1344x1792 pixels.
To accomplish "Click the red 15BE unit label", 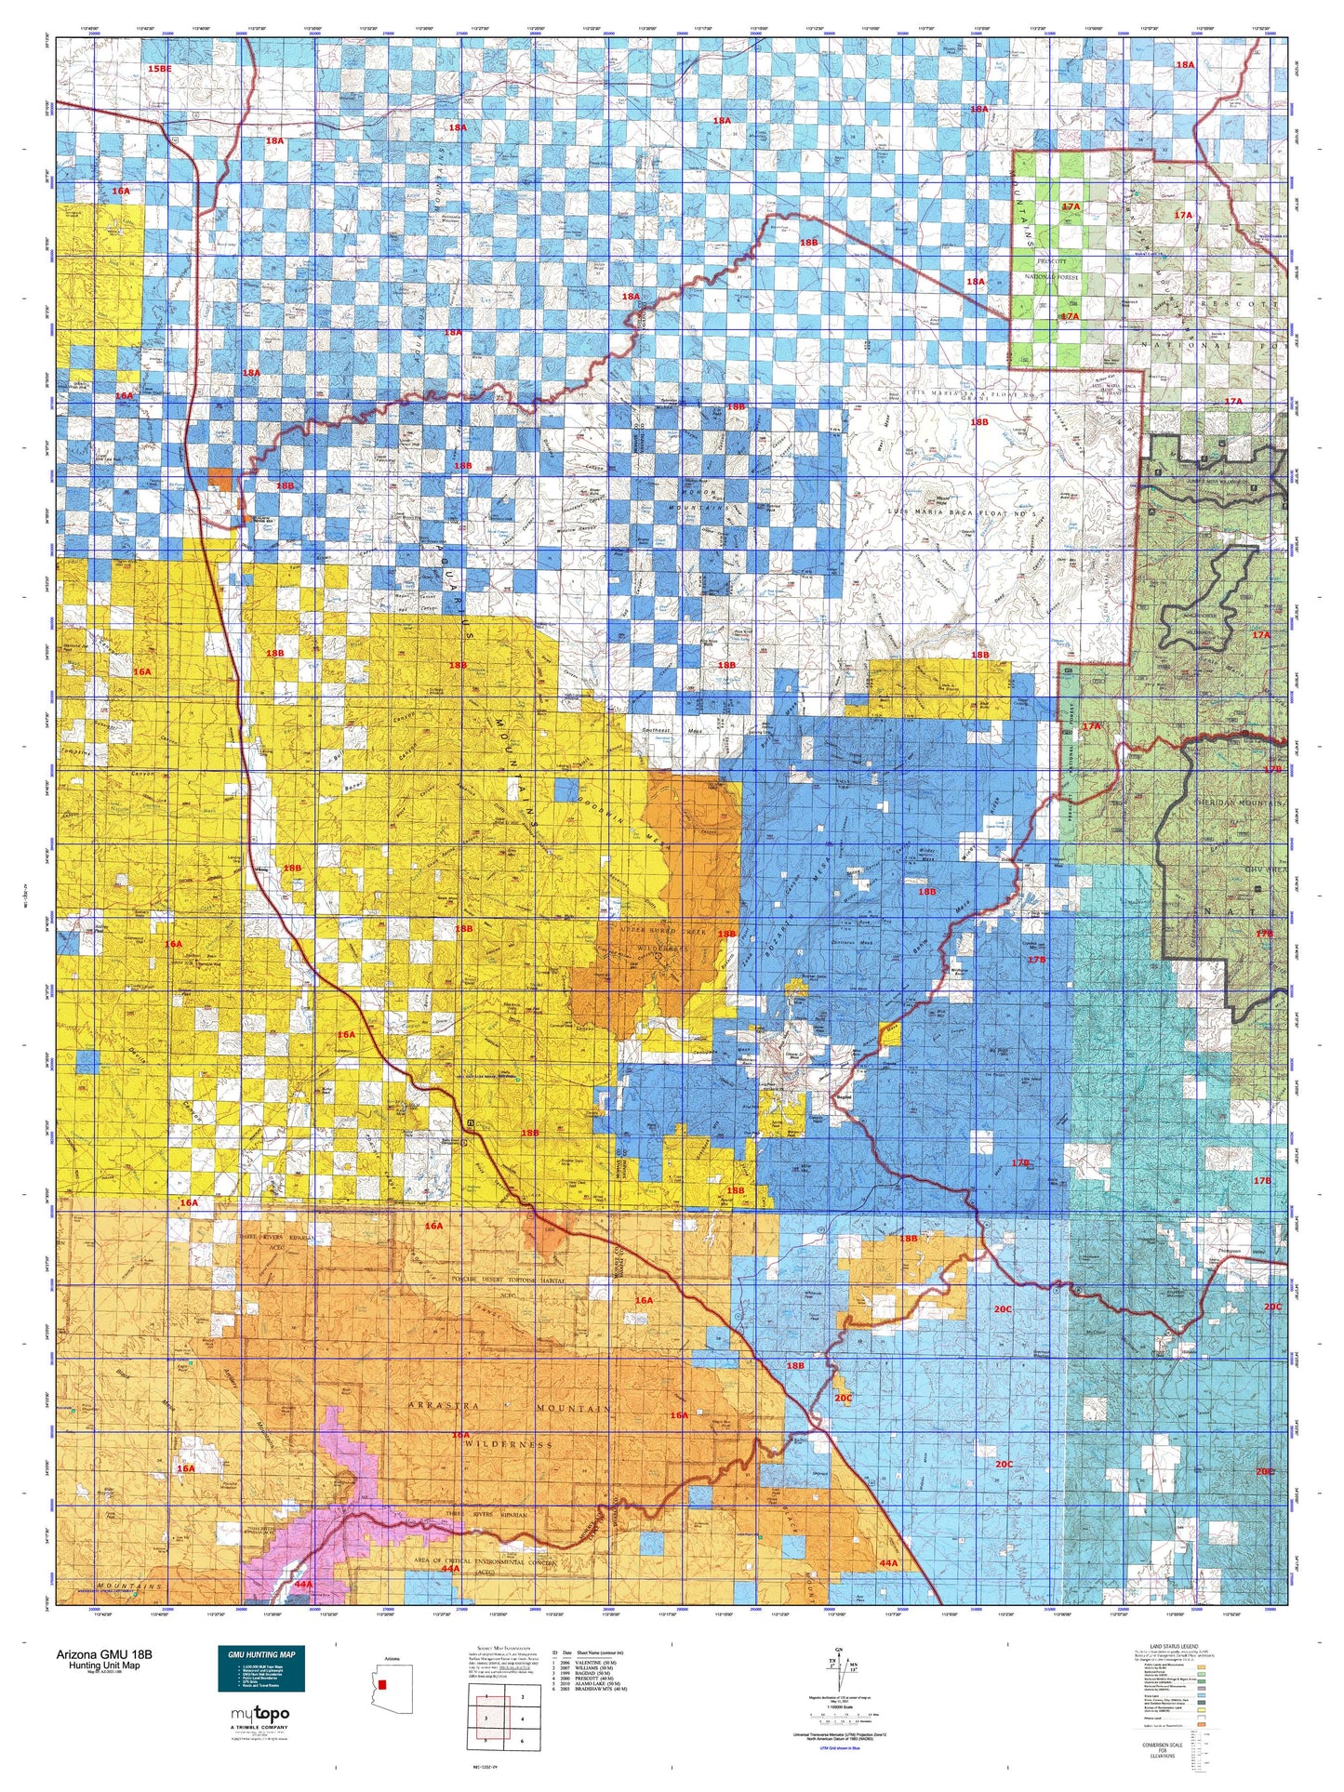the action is click(x=160, y=70).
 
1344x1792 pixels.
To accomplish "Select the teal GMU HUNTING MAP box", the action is click(x=260, y=1668).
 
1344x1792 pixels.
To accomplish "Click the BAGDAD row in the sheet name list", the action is click(x=592, y=1686).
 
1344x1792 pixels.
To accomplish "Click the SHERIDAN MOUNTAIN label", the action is click(x=1234, y=802).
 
